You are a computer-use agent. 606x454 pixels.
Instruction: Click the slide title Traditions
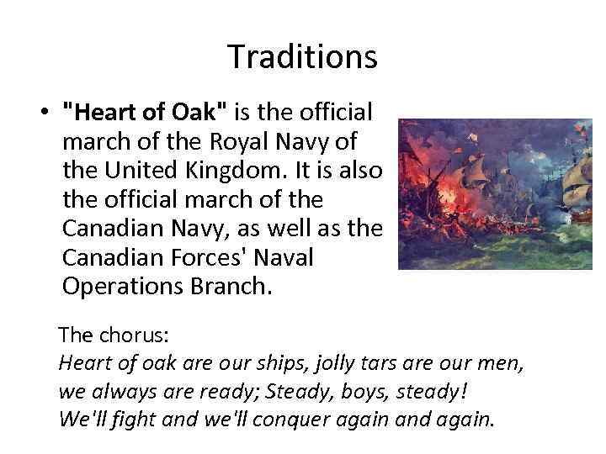tap(302, 57)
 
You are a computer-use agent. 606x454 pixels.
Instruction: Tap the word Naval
tap(282, 256)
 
